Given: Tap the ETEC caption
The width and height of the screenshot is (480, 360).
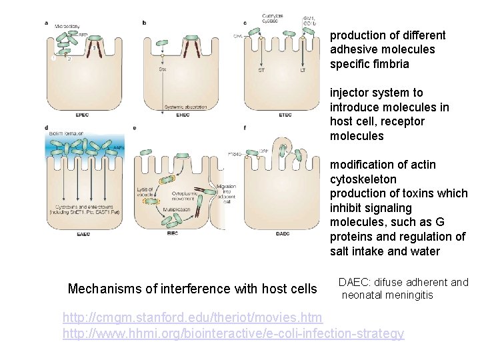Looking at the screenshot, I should (285, 115).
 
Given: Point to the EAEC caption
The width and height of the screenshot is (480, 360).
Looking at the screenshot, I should (82, 233).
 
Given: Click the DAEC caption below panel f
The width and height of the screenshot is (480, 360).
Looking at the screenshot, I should (283, 233).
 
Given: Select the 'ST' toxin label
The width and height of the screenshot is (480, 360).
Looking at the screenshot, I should (261, 69).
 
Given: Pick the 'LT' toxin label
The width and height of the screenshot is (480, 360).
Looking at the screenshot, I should (302, 69).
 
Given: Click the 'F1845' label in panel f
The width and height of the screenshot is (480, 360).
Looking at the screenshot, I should (234, 154).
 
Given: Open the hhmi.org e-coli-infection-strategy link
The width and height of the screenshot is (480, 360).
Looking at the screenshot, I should (233, 333).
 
